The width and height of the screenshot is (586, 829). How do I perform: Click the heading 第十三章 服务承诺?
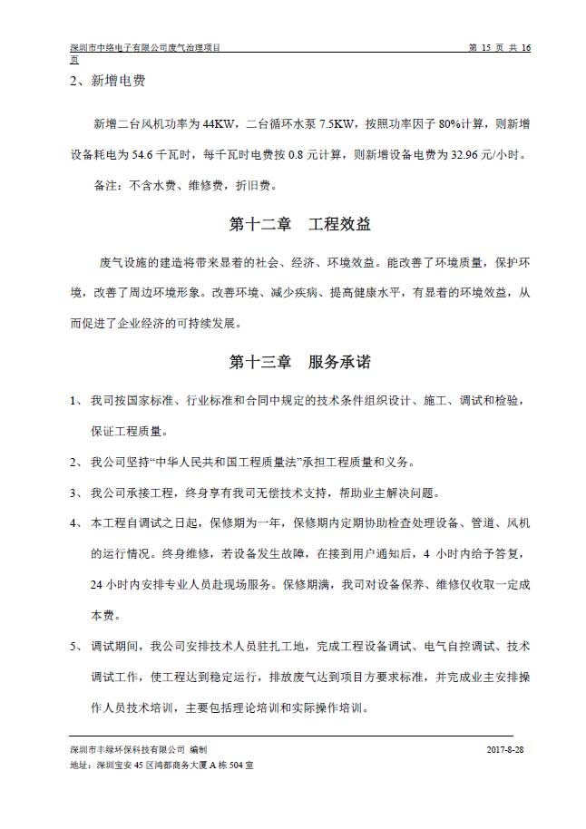pyautogui.click(x=299, y=362)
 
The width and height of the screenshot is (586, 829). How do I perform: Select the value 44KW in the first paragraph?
pyautogui.click(x=220, y=123)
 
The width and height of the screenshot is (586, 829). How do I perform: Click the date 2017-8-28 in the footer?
pyautogui.click(x=505, y=751)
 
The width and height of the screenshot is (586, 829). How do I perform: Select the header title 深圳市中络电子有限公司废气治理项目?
pyautogui.click(x=146, y=47)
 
